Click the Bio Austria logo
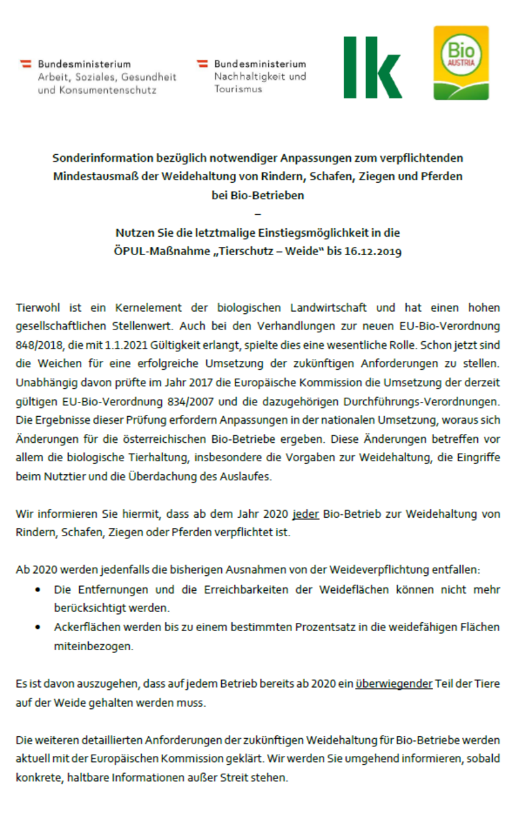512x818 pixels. pos(461,63)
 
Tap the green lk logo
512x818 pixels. pos(372,68)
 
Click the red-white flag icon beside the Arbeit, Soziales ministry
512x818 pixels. pos(27,64)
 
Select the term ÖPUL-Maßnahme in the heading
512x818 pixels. pos(152,251)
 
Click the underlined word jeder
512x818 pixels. pos(305,513)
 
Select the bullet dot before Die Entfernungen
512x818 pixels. pos(38,589)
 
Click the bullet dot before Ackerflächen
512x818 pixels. pos(38,627)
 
